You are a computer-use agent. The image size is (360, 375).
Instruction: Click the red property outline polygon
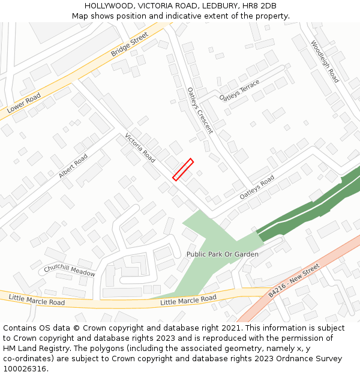(183, 169)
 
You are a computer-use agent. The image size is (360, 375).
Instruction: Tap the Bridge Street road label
(129, 46)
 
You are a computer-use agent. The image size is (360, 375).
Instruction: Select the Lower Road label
(24, 103)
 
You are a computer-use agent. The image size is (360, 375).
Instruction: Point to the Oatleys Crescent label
(200, 110)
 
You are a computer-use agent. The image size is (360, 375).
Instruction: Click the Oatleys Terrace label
(239, 90)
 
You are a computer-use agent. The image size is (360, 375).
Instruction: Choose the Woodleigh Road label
(325, 62)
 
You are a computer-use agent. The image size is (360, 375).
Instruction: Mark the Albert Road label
(73, 166)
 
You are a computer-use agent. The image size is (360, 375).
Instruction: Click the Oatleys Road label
(257, 187)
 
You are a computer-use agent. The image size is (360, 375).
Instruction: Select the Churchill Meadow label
(69, 271)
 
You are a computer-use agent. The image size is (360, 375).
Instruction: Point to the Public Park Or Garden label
(222, 254)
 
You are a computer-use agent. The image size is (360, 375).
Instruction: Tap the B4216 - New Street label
(294, 283)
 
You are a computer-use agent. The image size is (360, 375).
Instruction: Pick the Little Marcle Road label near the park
(188, 299)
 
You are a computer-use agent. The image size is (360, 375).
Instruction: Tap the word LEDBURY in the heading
(220, 5)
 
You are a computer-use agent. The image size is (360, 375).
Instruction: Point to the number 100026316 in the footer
(23, 369)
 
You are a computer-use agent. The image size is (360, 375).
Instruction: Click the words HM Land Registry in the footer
(31, 349)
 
